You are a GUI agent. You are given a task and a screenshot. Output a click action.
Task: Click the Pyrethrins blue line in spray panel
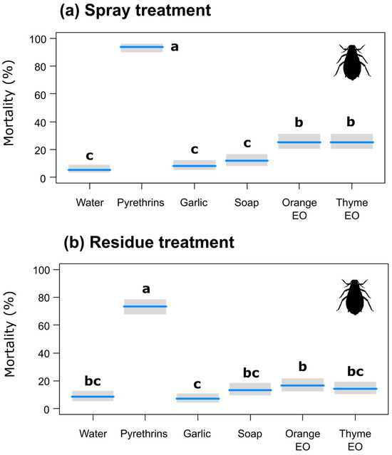tap(142, 47)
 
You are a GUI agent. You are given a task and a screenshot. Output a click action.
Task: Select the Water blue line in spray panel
tap(89, 169)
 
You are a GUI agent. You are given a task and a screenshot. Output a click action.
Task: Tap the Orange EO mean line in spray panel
tap(299, 142)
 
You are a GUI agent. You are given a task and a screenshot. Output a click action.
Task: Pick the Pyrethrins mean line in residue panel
tap(145, 306)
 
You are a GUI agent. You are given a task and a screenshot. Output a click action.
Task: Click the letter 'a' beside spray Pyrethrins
tap(174, 47)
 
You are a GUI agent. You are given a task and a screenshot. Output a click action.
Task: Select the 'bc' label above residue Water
tap(93, 382)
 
